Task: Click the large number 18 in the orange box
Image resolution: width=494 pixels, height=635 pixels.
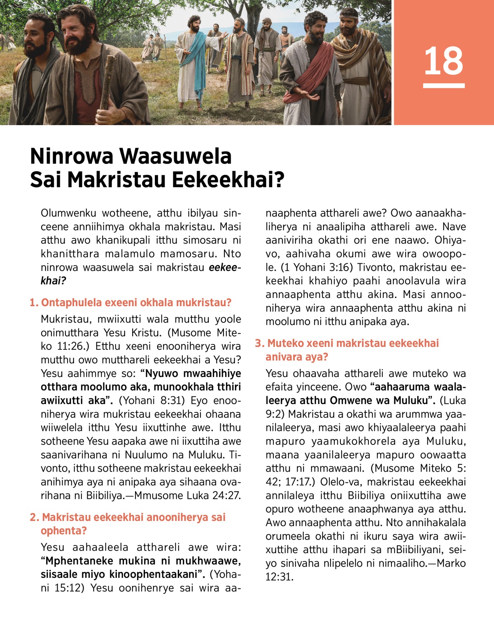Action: click(444, 61)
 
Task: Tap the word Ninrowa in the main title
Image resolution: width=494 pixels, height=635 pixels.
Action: click(72, 156)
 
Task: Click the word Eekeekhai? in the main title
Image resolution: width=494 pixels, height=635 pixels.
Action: click(228, 180)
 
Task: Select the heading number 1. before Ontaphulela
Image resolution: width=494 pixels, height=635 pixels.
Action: click(34, 303)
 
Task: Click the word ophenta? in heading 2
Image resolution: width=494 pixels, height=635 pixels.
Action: click(63, 531)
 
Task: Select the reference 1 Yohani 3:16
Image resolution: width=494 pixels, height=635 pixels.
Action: click(317, 267)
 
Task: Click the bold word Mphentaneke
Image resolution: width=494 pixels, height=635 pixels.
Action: click(80, 561)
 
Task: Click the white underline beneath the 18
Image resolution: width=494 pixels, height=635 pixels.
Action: click(444, 86)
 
